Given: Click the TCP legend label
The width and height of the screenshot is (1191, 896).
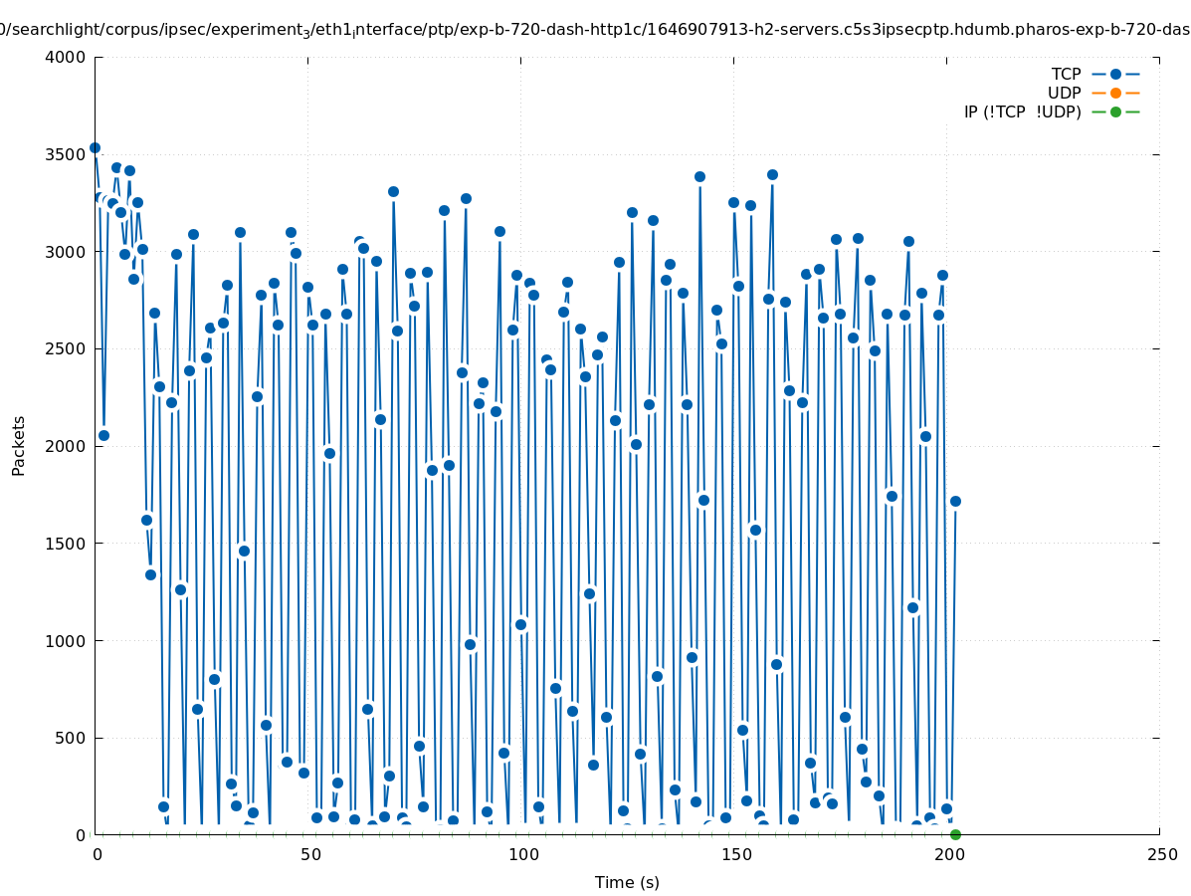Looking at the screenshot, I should click(x=1066, y=74).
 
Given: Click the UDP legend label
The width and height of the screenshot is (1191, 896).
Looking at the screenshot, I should click(x=1064, y=93).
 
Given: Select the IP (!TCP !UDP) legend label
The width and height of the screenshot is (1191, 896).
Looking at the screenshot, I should click(x=1022, y=112).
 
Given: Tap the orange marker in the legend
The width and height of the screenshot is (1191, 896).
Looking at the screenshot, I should click(x=1115, y=93).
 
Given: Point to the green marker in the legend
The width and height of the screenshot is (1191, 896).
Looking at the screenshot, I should click(x=1115, y=112).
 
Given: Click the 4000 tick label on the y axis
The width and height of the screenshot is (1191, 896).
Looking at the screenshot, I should click(x=66, y=57).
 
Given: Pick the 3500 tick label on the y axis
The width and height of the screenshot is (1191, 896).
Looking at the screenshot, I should click(x=66, y=154).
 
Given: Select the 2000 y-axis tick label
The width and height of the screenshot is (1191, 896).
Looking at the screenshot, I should click(x=66, y=446).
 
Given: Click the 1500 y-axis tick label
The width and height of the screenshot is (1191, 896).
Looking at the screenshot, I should click(x=66, y=544).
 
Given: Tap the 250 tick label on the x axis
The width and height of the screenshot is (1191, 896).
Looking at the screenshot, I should click(x=1160, y=854).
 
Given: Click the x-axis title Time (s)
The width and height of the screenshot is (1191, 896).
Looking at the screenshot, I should click(x=627, y=882).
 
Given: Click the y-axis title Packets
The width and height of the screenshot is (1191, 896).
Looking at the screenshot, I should click(x=19, y=445).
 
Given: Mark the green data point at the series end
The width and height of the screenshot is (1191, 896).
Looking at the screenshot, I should click(x=955, y=834).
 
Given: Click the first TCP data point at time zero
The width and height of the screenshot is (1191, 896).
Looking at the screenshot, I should click(x=96, y=147).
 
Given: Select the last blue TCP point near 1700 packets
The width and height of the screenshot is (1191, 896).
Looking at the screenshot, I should click(x=955, y=501).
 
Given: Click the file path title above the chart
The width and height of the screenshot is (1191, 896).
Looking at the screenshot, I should click(x=595, y=30).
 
